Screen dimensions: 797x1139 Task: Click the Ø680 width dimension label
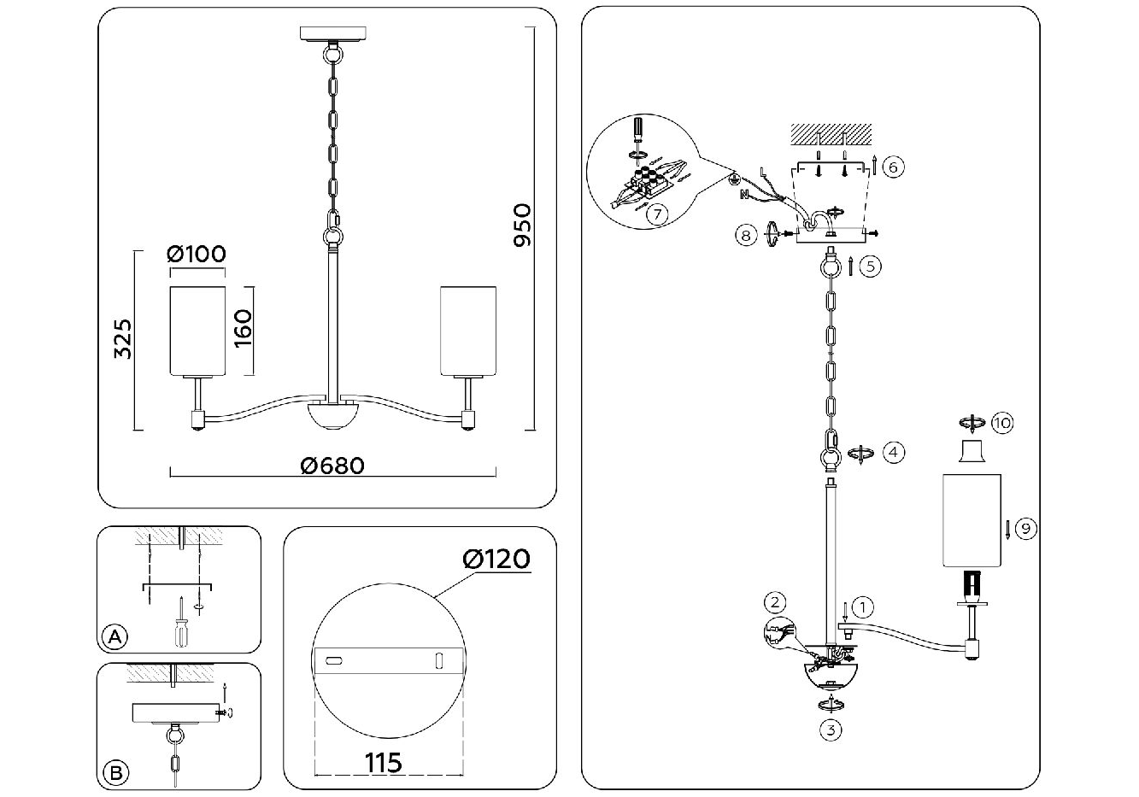[x=332, y=465]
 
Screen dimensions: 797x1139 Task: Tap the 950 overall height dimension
[x=522, y=226]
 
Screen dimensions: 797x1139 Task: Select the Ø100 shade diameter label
[x=197, y=254]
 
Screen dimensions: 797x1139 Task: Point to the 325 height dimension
[x=124, y=338]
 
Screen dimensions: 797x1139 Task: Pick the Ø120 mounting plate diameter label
[x=496, y=559]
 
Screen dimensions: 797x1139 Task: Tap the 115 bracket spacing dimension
[x=384, y=761]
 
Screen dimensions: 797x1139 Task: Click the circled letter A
[x=114, y=636]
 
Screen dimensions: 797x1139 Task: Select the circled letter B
[x=114, y=773]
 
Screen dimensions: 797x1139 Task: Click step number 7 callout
[x=655, y=214]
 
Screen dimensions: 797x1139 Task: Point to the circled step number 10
[x=1001, y=422]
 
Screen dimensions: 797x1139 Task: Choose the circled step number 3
[x=830, y=730]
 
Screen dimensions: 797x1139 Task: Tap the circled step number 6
[x=891, y=167]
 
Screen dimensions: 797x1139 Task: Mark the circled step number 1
[x=864, y=608]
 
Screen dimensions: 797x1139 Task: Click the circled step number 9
[x=1026, y=529]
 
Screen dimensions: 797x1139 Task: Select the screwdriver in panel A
[x=181, y=620]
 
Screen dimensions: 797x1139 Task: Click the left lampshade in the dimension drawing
[x=197, y=330]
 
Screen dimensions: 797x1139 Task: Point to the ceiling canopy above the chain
[x=332, y=35]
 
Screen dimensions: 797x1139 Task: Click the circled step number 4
[x=893, y=452]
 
